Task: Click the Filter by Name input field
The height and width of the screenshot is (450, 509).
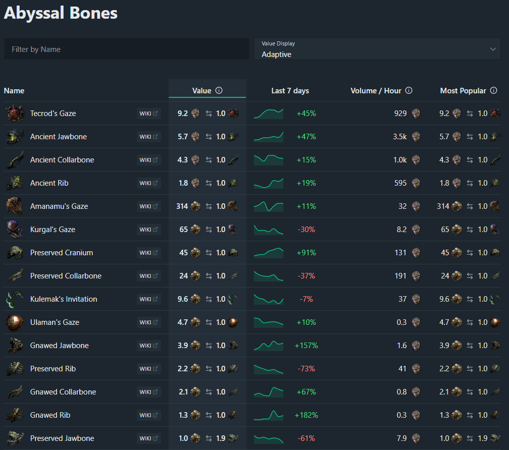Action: (x=126, y=49)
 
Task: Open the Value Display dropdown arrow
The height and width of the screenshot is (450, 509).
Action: (x=493, y=49)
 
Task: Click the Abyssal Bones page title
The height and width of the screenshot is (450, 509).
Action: (x=61, y=13)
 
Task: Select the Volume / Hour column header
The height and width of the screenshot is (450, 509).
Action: (x=376, y=91)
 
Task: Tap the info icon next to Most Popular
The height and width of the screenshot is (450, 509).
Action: (x=493, y=91)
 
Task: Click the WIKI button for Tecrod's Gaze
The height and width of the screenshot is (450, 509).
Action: (x=148, y=114)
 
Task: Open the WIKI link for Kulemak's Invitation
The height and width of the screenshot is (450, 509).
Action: (x=148, y=299)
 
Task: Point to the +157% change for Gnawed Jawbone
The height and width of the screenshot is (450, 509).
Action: (x=306, y=346)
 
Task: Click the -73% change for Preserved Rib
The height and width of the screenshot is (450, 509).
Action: (x=306, y=369)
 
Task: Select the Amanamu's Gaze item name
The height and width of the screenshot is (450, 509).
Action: (x=59, y=206)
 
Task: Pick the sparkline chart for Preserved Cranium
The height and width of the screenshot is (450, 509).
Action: (x=269, y=252)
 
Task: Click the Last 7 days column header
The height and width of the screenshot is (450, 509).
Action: (x=290, y=91)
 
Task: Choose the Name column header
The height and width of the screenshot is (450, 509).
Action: (x=14, y=91)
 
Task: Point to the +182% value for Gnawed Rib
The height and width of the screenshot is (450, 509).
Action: (x=306, y=415)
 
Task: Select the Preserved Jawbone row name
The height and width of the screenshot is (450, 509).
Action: (x=62, y=438)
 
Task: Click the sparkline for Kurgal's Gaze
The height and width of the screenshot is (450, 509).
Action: (x=269, y=230)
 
